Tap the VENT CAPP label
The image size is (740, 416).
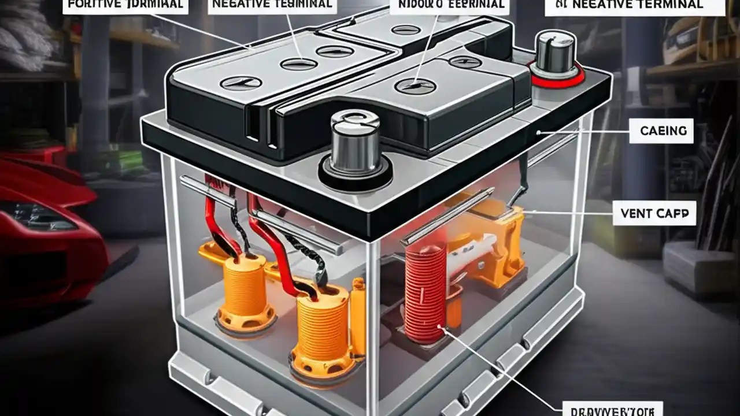(654, 214)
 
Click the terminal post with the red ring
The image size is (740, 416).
(556, 55)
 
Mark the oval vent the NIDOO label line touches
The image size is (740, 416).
(415, 86)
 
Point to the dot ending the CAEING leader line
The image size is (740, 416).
(538, 133)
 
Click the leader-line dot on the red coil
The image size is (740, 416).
(442, 329)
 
